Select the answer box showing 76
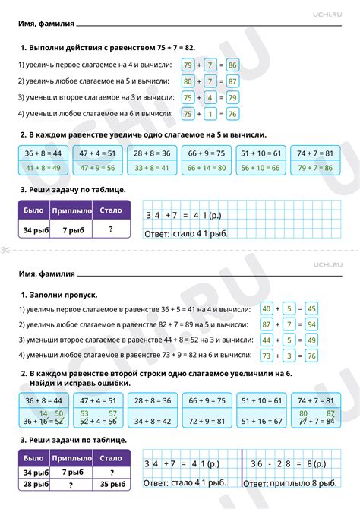[232, 114]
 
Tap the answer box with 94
[310, 324]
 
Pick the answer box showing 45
[310, 308]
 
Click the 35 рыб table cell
[111, 483]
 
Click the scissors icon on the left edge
[5, 251]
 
